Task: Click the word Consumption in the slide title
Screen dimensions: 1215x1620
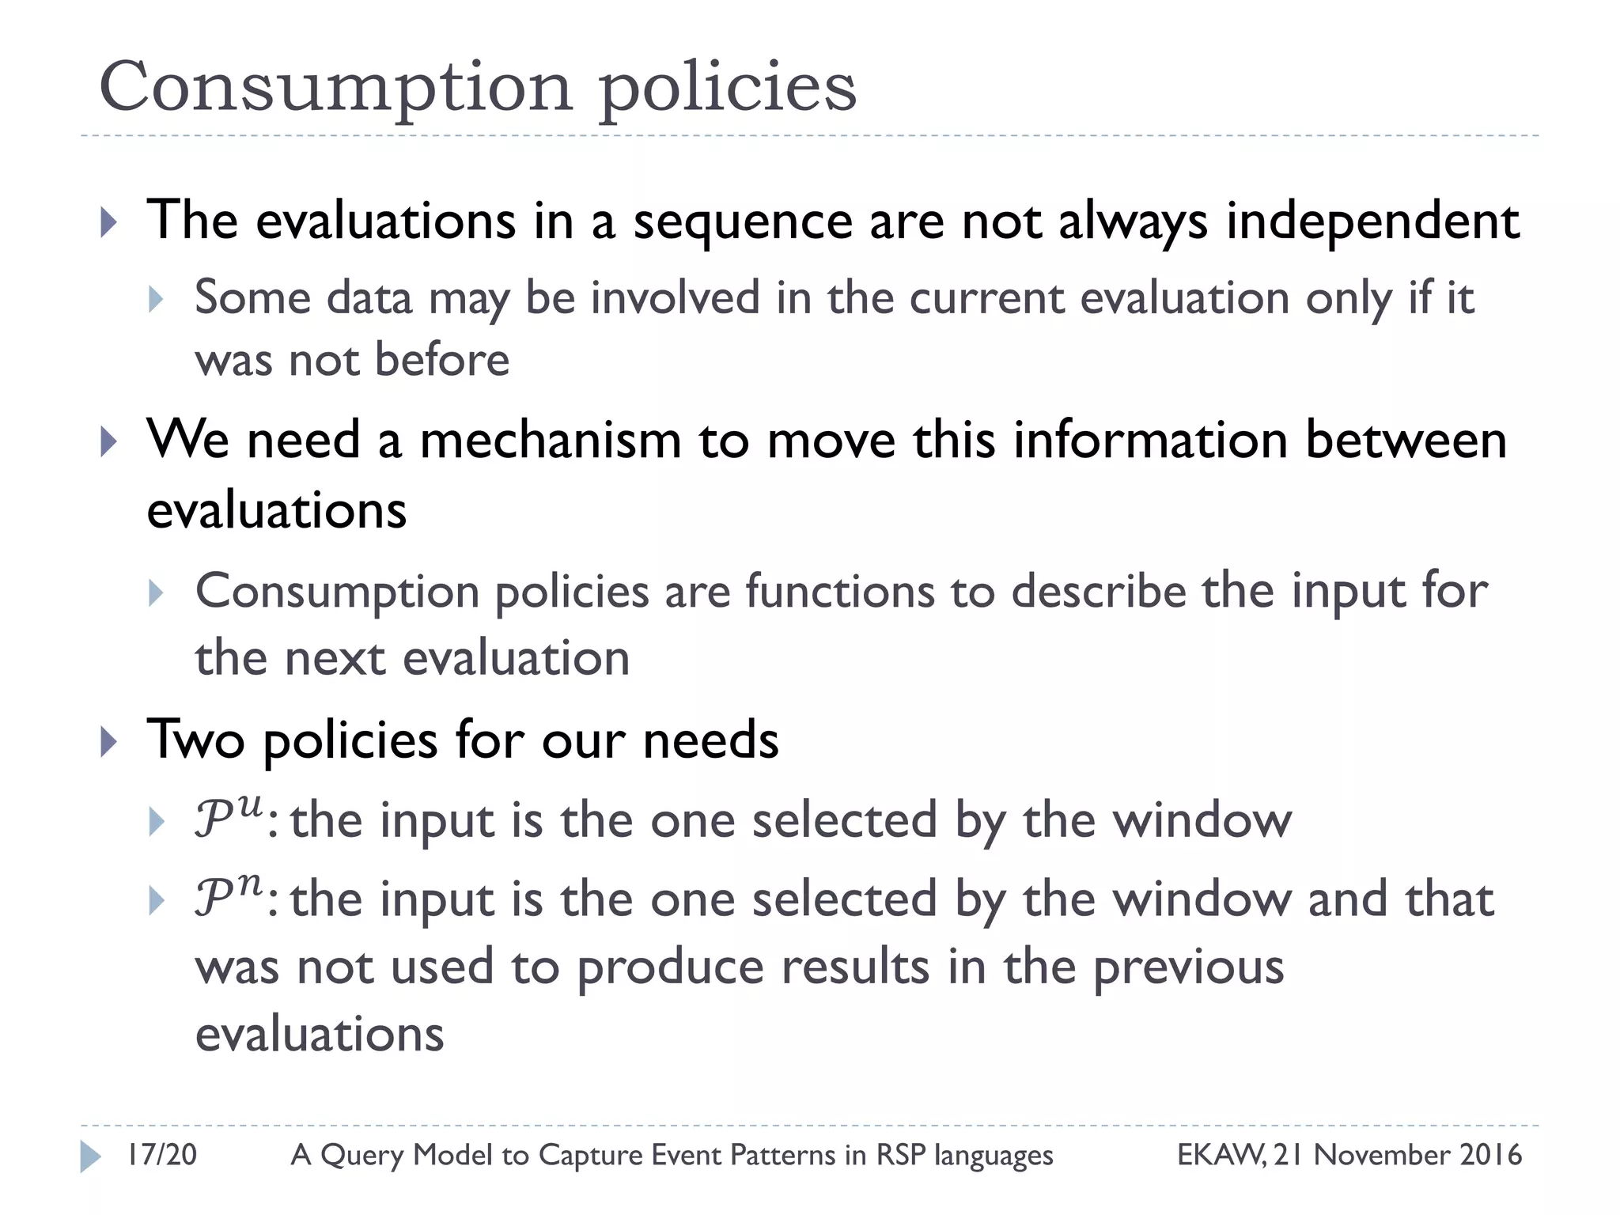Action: [x=335, y=87]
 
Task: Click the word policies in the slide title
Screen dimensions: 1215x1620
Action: [x=727, y=87]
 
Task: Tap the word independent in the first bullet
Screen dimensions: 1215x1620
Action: [x=1372, y=221]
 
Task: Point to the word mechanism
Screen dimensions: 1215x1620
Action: [x=551, y=440]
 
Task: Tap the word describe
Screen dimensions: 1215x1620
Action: [x=1099, y=592]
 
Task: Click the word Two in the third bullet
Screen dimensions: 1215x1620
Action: [x=195, y=740]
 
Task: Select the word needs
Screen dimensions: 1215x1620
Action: [x=710, y=740]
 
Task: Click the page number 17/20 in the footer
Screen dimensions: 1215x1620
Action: [x=162, y=1155]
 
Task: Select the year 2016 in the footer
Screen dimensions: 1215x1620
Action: [x=1490, y=1155]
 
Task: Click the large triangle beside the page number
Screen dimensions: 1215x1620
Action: [x=90, y=1156]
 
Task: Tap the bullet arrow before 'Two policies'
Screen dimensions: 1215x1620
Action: [x=109, y=742]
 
